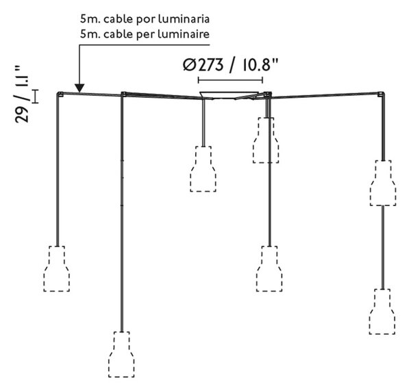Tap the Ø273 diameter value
(203, 65)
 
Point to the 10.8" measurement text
(260, 65)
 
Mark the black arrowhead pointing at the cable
(79, 88)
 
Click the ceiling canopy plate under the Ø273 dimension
(229, 95)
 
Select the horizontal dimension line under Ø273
(230, 80)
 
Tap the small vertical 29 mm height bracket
(35, 97)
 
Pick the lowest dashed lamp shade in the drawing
(121, 355)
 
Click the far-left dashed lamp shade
(57, 268)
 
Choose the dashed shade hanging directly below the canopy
(203, 168)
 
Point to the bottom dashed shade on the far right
(382, 312)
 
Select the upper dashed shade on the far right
(383, 183)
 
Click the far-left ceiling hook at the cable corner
(60, 94)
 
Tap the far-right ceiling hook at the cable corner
(381, 94)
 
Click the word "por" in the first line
(144, 20)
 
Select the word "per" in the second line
(144, 35)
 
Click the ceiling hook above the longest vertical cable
(123, 94)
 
